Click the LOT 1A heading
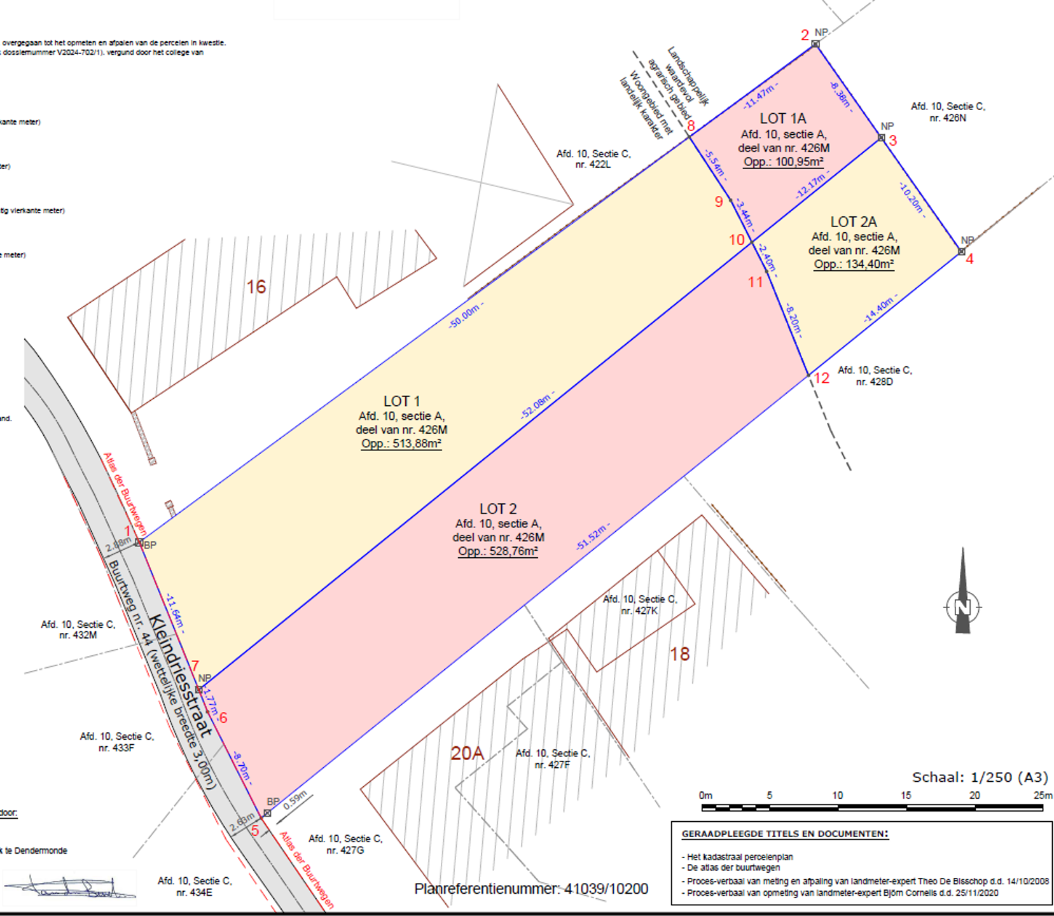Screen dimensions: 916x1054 pyautogui.click(x=783, y=118)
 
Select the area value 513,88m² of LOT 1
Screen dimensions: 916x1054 pyautogui.click(x=401, y=443)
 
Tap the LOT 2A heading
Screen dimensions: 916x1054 pyautogui.click(x=854, y=221)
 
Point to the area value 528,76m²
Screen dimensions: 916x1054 pyautogui.click(x=498, y=551)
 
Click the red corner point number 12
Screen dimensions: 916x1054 pyautogui.click(x=822, y=378)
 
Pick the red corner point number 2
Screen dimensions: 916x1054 pyautogui.click(x=805, y=35)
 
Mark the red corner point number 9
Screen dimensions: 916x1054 pyautogui.click(x=719, y=202)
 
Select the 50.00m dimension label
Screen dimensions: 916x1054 pyautogui.click(x=466, y=315)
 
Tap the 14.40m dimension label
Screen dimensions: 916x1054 pyautogui.click(x=880, y=309)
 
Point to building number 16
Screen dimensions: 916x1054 pyautogui.click(x=256, y=287)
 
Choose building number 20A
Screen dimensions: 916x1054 pyautogui.click(x=467, y=753)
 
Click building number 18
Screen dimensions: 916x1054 pyautogui.click(x=679, y=654)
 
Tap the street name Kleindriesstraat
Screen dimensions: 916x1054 pyautogui.click(x=180, y=675)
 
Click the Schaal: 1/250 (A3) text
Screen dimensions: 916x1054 pyautogui.click(x=980, y=777)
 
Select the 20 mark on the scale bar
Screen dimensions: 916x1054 pyautogui.click(x=974, y=795)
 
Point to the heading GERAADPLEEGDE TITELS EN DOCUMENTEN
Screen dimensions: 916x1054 pyautogui.click(x=784, y=834)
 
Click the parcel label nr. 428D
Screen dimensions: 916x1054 pyautogui.click(x=874, y=382)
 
